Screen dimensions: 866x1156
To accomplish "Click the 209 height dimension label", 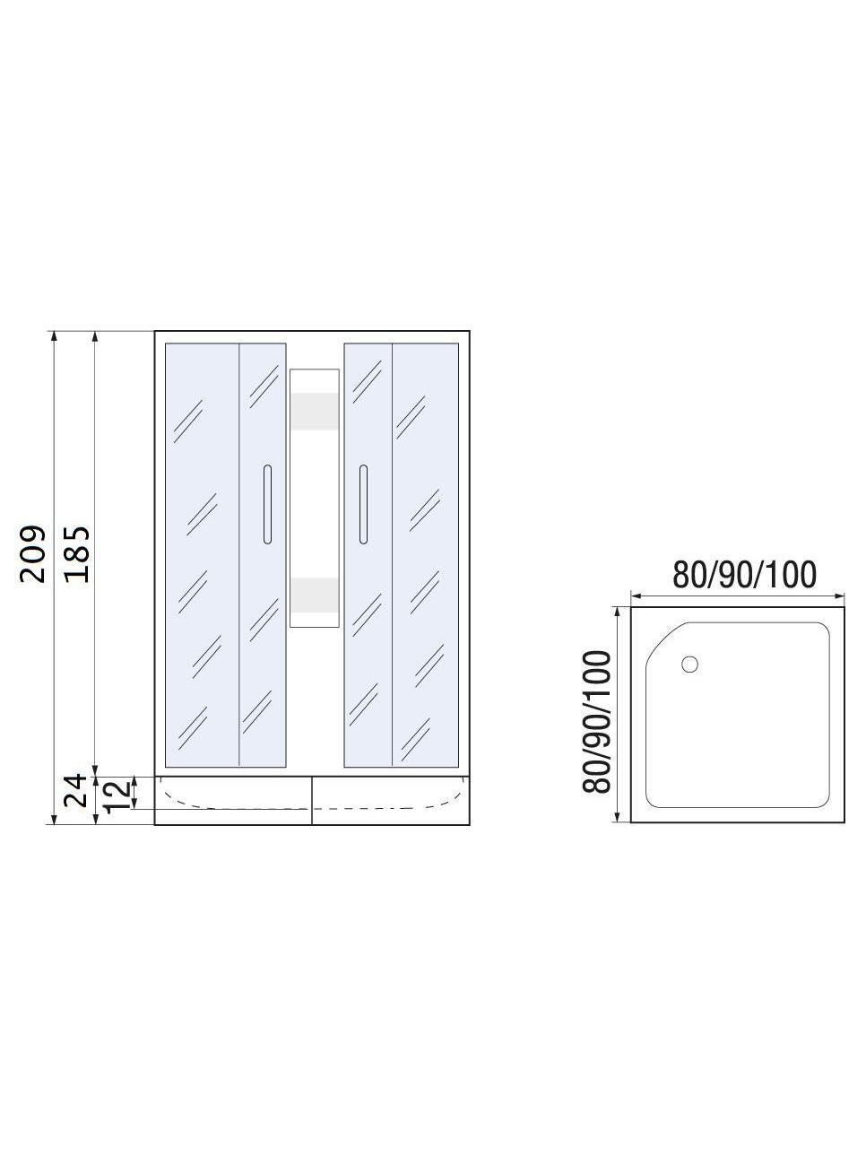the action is [x=32, y=553].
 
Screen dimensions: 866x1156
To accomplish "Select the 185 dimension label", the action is [x=77, y=553].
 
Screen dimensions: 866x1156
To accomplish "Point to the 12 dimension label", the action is [x=117, y=796].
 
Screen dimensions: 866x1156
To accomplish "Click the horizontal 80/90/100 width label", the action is [x=744, y=574].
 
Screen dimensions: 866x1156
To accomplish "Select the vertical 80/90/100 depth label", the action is [x=596, y=722].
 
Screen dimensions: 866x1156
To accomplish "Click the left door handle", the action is [x=267, y=504].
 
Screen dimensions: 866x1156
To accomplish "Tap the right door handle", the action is [x=363, y=504].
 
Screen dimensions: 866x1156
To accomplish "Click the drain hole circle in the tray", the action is [x=689, y=665].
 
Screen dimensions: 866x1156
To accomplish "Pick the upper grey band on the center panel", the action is [x=315, y=411].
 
